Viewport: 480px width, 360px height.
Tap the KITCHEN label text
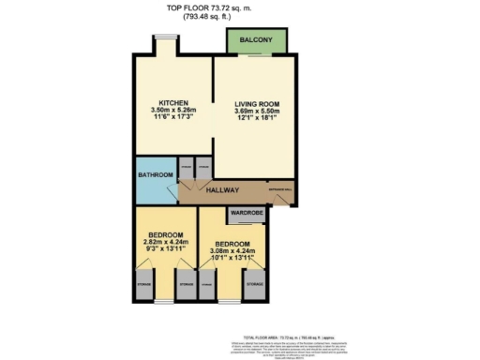(x=174, y=102)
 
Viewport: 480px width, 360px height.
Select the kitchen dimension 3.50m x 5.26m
(x=174, y=111)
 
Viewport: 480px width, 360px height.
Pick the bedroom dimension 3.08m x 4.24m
(x=232, y=252)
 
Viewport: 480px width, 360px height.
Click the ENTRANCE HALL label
(x=280, y=188)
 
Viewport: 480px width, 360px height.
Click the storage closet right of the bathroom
(x=187, y=170)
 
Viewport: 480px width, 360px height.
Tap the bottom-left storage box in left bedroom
(x=144, y=286)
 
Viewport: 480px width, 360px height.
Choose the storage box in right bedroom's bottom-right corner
(x=253, y=286)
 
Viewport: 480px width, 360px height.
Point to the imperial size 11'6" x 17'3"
(x=174, y=119)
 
